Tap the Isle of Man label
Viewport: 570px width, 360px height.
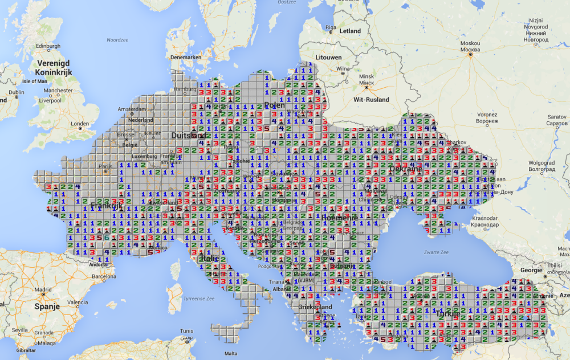35,81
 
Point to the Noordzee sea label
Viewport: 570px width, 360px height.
117,39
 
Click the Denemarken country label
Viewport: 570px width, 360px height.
185,58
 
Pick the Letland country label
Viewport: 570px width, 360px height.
350,31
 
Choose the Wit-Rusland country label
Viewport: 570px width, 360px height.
371,100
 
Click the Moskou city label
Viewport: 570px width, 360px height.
470,43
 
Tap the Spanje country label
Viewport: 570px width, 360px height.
47,306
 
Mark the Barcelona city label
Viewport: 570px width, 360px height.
103,277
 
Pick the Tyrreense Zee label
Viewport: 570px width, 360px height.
199,298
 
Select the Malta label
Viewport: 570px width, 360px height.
231,353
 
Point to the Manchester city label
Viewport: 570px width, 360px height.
58,90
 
